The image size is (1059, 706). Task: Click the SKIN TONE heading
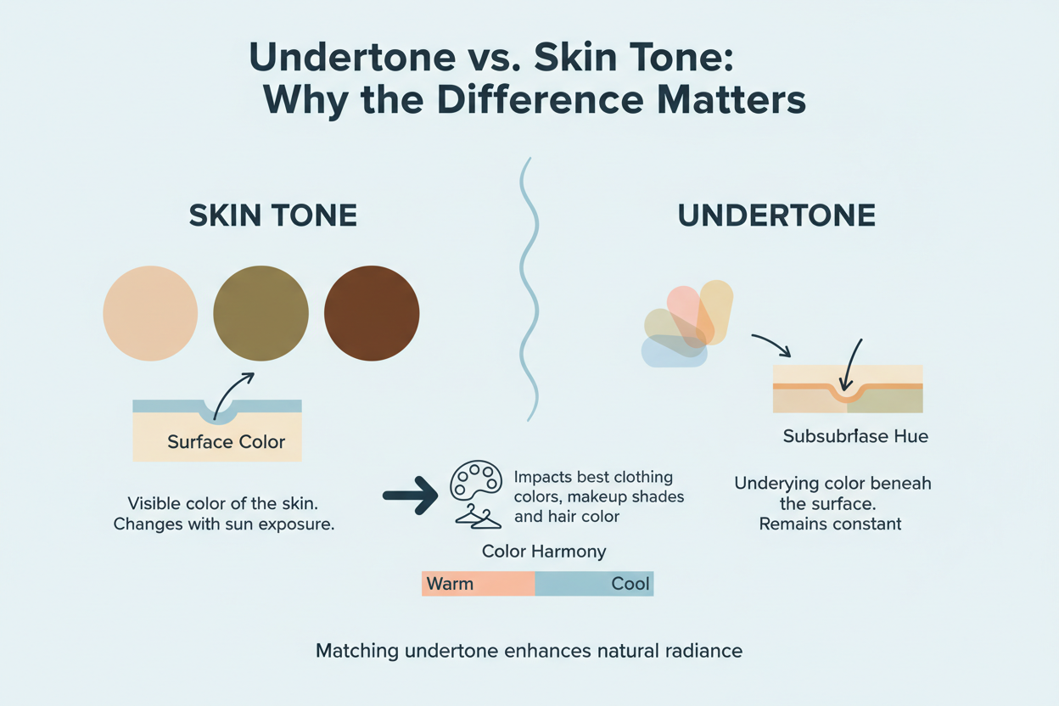point(272,216)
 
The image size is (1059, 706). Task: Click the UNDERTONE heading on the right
point(776,216)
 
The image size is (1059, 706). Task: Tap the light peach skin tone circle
point(150,313)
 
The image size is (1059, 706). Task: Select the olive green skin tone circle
point(260,313)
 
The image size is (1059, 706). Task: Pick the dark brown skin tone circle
point(372,313)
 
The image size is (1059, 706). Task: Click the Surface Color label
point(226,442)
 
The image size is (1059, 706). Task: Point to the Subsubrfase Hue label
point(855,438)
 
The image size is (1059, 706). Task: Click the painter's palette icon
point(476,482)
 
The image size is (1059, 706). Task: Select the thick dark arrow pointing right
point(410,495)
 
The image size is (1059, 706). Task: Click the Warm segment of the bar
point(478,584)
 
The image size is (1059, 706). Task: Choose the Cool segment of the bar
point(595,584)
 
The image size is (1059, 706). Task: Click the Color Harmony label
point(544,552)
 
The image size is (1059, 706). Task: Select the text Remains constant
point(830,524)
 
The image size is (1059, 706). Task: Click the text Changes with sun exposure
point(224,524)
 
